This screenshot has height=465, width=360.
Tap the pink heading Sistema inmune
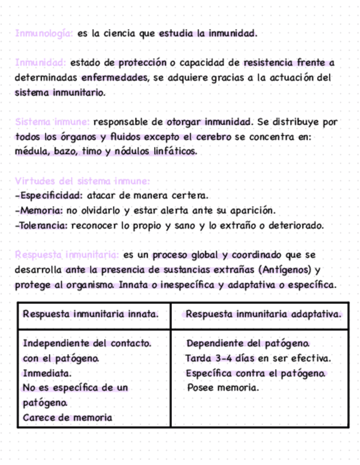point(52,122)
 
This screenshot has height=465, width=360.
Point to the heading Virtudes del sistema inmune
point(82,181)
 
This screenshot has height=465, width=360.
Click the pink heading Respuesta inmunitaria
point(67,255)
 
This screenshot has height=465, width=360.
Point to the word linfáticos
point(173,151)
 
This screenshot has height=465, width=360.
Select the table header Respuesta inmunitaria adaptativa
point(263,315)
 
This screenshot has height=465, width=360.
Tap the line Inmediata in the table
point(47,373)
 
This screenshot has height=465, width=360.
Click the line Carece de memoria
point(67,418)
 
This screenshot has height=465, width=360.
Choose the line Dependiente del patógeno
point(248,344)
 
